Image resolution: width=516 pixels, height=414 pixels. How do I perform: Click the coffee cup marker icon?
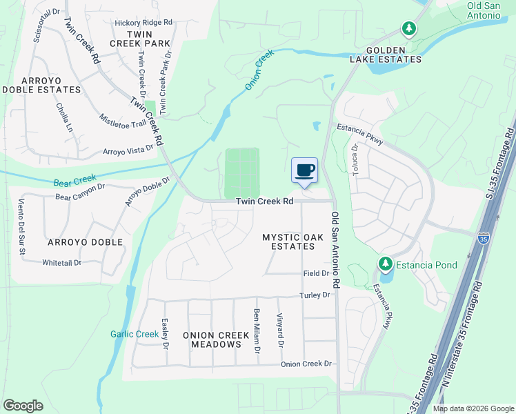[305, 170]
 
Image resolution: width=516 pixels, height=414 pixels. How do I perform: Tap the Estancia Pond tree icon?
[385, 264]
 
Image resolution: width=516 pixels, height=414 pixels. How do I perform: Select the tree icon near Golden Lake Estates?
[409, 28]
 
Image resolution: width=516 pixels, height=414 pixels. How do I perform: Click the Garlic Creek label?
[135, 334]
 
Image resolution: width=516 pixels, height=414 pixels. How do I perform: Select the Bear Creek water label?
[75, 181]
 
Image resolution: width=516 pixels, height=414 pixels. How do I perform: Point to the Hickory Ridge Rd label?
[143, 23]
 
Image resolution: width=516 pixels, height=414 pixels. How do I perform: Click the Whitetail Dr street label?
[61, 262]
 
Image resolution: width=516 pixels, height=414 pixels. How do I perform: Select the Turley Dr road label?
[316, 295]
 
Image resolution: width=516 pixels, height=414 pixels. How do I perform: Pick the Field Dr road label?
[315, 273]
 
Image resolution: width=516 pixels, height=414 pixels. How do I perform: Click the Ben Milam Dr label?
[257, 332]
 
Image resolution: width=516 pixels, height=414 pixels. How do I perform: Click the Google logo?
[23, 406]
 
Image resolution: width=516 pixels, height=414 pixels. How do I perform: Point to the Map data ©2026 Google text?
[473, 408]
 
